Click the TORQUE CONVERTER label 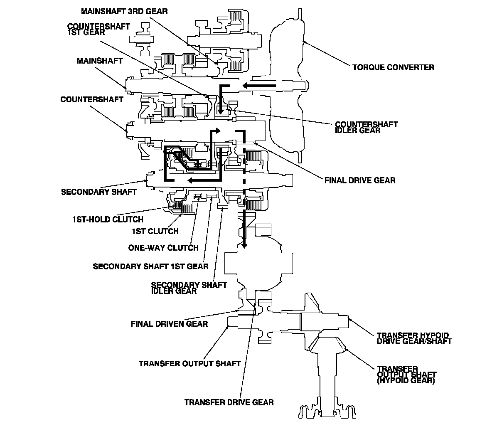coord(393,67)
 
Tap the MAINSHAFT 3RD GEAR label coord(124,12)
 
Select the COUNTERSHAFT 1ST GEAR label coord(98,29)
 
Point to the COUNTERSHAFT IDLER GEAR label coord(366,127)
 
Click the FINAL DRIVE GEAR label coord(360,180)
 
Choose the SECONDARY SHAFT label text coord(99,192)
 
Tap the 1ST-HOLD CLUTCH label coord(108,219)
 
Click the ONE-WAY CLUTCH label coord(163,248)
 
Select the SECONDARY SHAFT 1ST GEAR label coord(150,266)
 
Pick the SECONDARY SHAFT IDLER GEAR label coord(189,288)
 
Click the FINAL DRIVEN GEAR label coord(170,324)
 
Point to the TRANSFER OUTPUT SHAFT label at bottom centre coord(189,364)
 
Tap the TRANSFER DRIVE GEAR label coord(229,402)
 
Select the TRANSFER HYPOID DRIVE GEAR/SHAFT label coord(414,338)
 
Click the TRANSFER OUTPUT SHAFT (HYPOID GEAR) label coord(407,375)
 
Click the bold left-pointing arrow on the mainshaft coord(259,85)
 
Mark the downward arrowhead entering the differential coord(244,244)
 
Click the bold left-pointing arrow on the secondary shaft coord(204,180)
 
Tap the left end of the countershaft coord(126,129)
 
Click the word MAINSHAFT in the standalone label coord(100,61)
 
